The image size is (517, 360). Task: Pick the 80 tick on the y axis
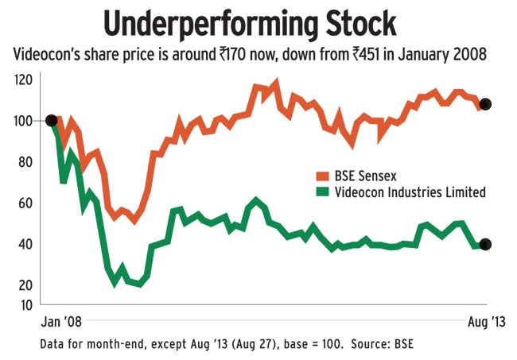(25, 162)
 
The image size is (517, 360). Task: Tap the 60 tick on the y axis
(25, 203)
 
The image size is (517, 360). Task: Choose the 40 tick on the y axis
(25, 244)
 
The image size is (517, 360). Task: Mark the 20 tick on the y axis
(25, 285)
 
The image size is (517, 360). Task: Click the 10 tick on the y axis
(25, 304)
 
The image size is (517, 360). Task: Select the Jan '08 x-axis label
(60, 323)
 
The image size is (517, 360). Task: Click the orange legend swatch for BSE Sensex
(322, 175)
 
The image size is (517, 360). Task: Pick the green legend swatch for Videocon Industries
(322, 192)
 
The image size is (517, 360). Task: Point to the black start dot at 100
(52, 121)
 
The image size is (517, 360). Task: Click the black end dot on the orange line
(486, 104)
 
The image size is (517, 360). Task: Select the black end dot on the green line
(486, 244)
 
